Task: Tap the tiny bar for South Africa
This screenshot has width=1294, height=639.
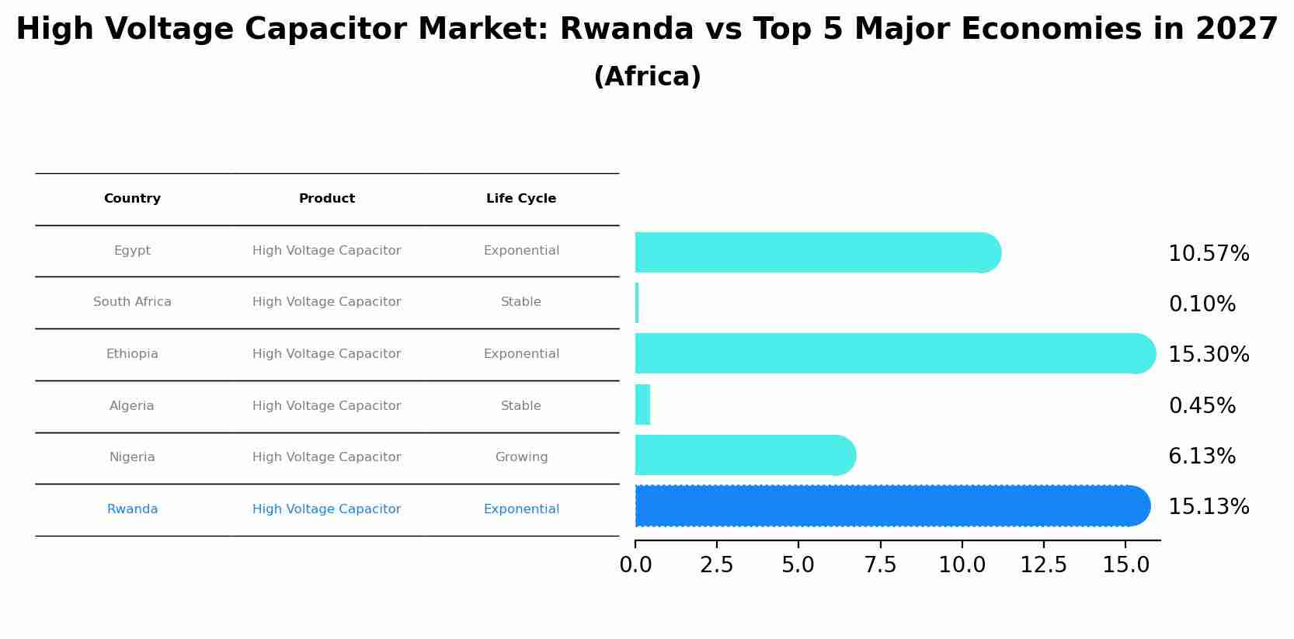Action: click(x=637, y=303)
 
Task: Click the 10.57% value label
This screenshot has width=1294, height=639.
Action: click(x=1208, y=254)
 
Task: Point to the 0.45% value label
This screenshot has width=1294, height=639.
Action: click(x=1202, y=405)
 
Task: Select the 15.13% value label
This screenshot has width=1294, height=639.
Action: click(x=1208, y=506)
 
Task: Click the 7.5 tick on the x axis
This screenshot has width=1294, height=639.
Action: click(x=880, y=565)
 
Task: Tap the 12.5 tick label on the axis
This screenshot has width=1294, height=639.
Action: click(x=1043, y=565)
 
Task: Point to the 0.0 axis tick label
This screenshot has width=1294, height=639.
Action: click(x=635, y=565)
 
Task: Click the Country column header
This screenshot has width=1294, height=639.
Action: click(x=132, y=199)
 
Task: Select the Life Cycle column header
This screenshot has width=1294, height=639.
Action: click(x=521, y=199)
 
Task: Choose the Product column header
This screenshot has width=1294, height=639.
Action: click(x=327, y=199)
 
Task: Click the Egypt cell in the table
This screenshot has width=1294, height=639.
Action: click(x=132, y=251)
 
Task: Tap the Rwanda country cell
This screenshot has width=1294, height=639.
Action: click(x=132, y=509)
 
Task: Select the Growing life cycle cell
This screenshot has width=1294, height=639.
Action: click(x=521, y=457)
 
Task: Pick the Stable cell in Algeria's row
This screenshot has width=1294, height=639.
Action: click(x=521, y=406)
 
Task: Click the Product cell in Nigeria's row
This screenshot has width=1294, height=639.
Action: click(x=327, y=457)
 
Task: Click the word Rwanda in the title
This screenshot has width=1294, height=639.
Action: click(x=626, y=30)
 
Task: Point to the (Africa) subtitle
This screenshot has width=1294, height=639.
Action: click(x=647, y=77)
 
